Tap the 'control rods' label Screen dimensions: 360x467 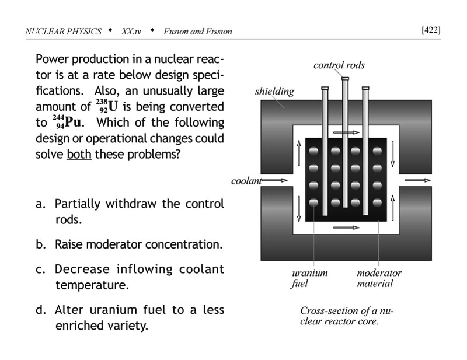tap(339, 65)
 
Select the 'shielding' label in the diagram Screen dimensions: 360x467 tap(274, 92)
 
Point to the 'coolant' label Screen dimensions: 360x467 tap(245, 180)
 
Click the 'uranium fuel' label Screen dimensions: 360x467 tap(309, 278)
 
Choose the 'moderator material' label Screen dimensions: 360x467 tap(379, 278)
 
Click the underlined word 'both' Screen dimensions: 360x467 tap(79, 156)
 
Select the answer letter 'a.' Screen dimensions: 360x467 tap(41, 204)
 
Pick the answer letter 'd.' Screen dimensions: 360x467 tap(41, 309)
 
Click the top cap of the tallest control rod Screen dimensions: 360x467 tap(345, 79)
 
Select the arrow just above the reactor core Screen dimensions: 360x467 tap(347, 133)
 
